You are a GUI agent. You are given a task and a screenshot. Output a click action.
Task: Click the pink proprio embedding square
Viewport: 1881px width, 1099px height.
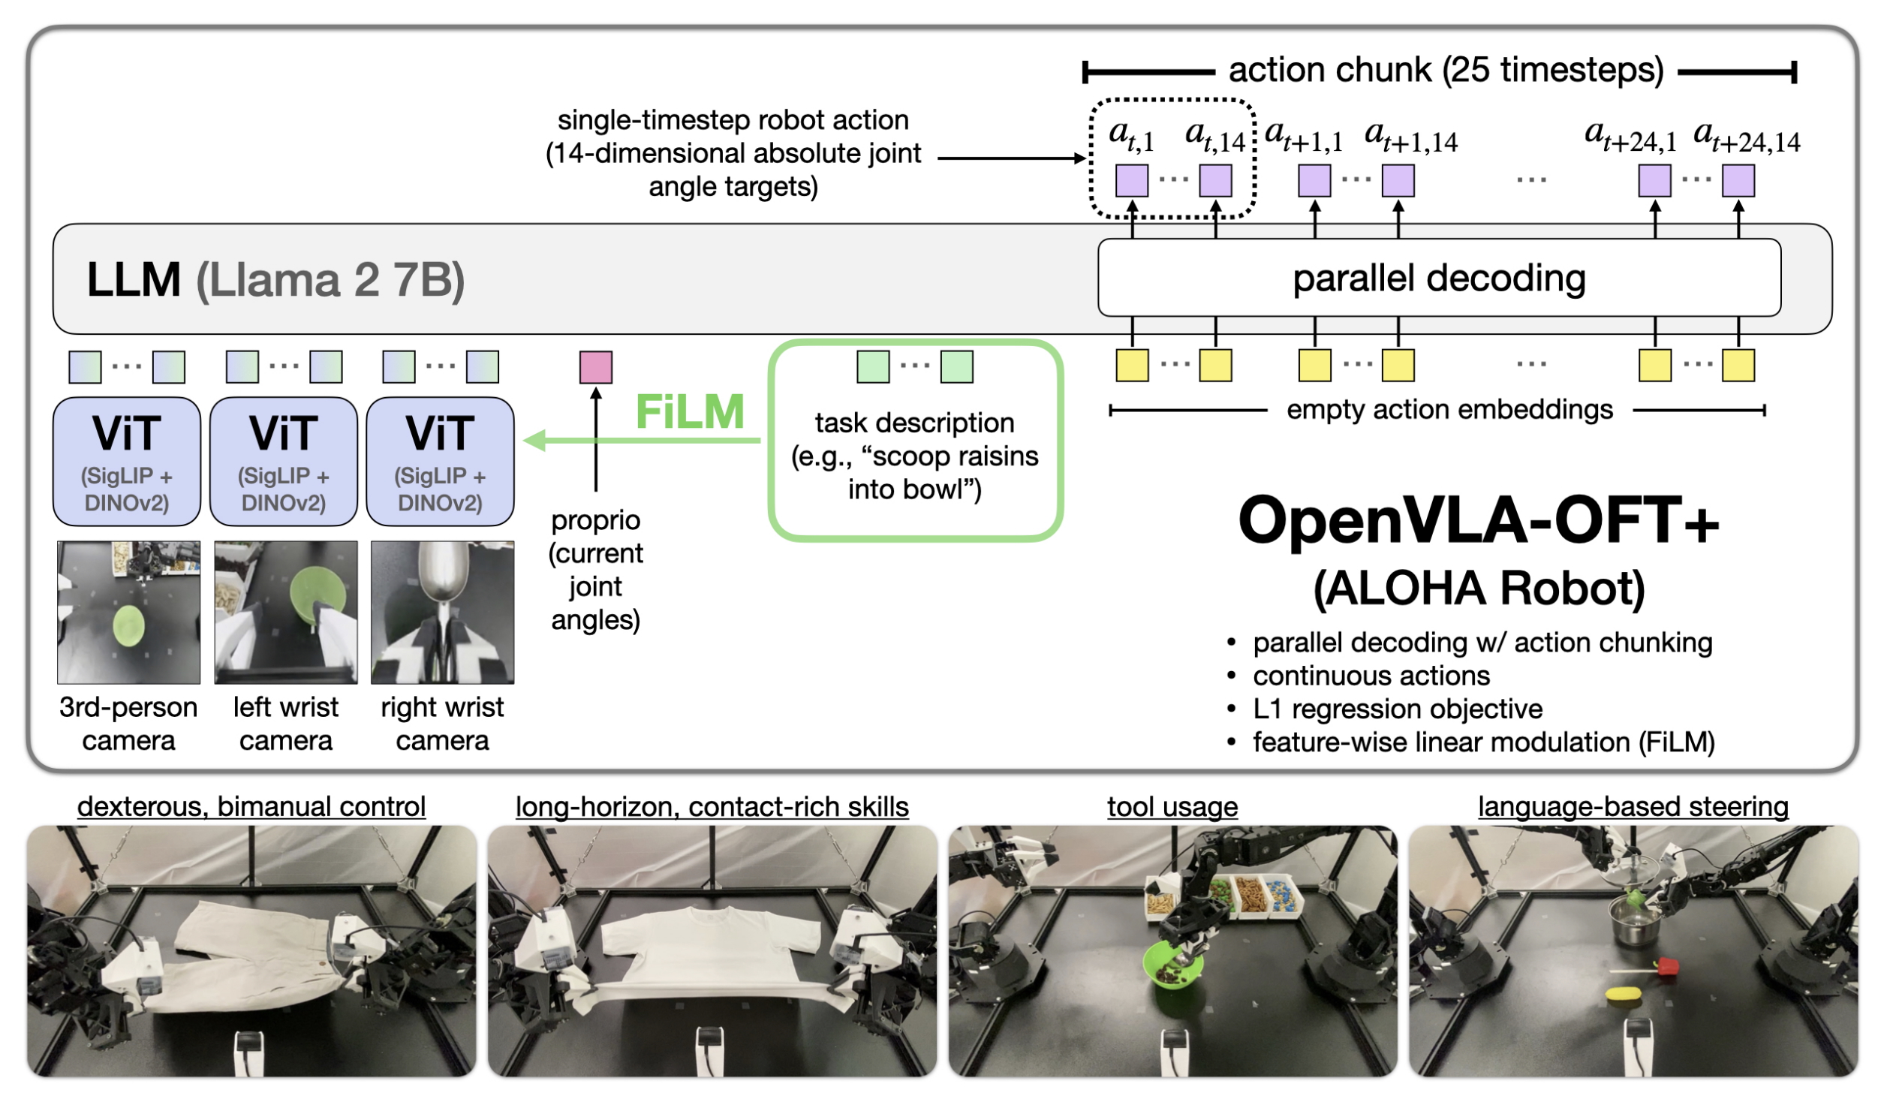595,367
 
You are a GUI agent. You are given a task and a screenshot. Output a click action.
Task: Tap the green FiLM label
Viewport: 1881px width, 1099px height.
689,412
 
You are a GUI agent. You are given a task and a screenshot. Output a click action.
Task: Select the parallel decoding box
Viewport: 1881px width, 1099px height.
1438,278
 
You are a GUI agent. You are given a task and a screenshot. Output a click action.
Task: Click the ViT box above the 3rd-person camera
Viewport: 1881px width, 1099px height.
127,461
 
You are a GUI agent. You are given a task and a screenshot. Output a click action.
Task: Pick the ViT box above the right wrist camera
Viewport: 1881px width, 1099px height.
440,461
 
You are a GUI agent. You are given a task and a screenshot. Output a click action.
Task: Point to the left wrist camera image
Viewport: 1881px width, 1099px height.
285,612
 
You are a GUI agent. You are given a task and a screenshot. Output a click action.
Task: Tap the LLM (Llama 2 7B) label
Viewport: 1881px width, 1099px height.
275,280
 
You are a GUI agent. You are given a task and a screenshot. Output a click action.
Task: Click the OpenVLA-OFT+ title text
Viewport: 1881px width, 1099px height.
1478,521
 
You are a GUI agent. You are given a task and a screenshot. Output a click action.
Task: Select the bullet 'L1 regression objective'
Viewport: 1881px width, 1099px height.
1397,709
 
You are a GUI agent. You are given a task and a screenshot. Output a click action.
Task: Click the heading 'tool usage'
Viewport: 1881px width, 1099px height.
1172,806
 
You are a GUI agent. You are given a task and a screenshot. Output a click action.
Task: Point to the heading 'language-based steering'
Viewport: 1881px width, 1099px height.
1633,806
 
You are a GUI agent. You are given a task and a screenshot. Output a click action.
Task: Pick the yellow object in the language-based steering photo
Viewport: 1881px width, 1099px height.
1622,994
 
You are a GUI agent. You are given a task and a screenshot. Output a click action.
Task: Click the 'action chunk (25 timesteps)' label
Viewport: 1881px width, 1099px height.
1446,70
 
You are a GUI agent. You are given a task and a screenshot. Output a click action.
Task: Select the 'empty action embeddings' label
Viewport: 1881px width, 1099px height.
1449,410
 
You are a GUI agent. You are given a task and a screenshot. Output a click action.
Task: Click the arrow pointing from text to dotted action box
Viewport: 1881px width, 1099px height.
1010,158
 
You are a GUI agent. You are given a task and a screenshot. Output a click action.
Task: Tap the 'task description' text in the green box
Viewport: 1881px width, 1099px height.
914,423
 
